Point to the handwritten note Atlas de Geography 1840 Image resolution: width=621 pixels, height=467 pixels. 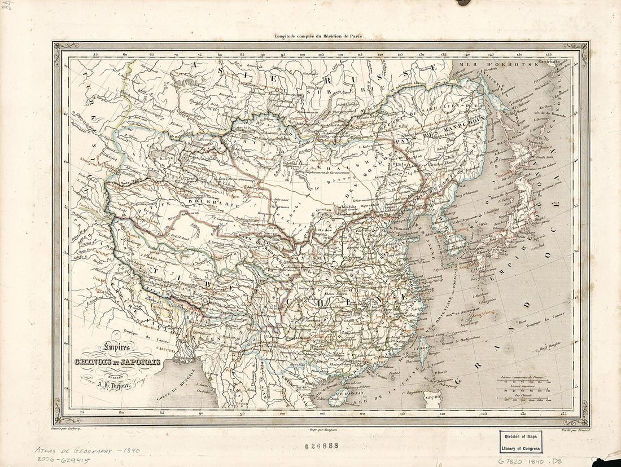(x=88, y=451)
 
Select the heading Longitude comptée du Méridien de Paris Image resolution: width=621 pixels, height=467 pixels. (x=320, y=36)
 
